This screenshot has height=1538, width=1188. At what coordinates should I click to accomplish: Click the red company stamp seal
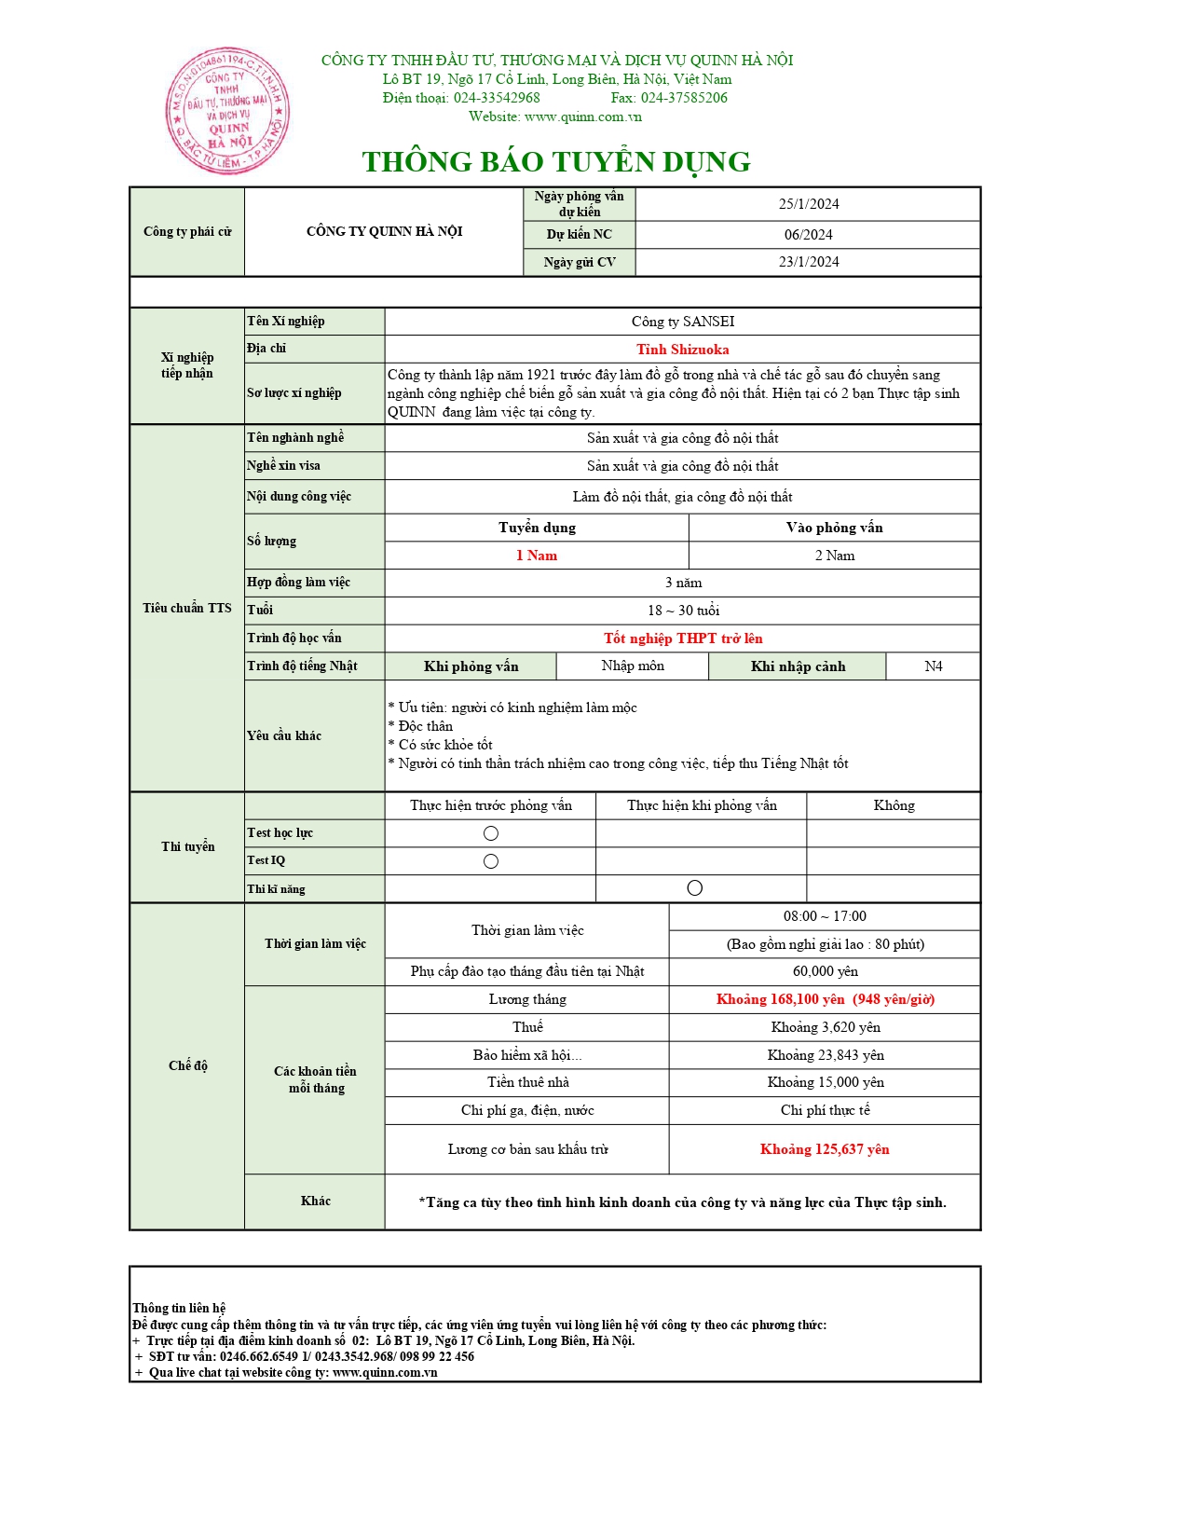[227, 111]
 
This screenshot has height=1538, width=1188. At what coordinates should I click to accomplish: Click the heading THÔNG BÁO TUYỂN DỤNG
[556, 162]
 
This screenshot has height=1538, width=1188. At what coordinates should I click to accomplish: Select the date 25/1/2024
[808, 204]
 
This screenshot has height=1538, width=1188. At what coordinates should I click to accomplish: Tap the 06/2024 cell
[808, 235]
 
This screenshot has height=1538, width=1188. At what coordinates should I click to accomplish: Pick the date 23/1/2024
[808, 262]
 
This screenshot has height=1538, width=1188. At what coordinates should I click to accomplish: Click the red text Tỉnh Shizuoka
[682, 350]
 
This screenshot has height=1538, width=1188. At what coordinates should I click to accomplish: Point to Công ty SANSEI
[682, 322]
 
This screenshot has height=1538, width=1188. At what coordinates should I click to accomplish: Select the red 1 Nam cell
[537, 556]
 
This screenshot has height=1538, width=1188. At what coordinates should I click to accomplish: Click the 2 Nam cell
[834, 556]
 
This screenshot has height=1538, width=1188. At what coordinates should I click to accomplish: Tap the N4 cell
[933, 666]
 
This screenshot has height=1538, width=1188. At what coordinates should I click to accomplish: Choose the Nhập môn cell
[633, 666]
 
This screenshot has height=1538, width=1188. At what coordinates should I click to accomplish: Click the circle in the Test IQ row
[491, 861]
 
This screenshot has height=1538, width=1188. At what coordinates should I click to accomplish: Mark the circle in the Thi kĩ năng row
[694, 888]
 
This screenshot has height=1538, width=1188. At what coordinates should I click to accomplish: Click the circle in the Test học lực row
[491, 833]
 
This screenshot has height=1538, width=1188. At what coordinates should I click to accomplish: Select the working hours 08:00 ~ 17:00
[825, 916]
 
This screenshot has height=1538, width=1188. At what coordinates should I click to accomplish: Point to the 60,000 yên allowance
[825, 971]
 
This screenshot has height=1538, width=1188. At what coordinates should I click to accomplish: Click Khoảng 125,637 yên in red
[825, 1149]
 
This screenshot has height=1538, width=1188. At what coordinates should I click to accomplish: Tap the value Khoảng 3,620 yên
[825, 1027]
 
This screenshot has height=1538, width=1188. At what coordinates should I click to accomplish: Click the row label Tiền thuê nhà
[527, 1082]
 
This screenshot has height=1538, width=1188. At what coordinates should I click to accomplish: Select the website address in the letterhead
[582, 117]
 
